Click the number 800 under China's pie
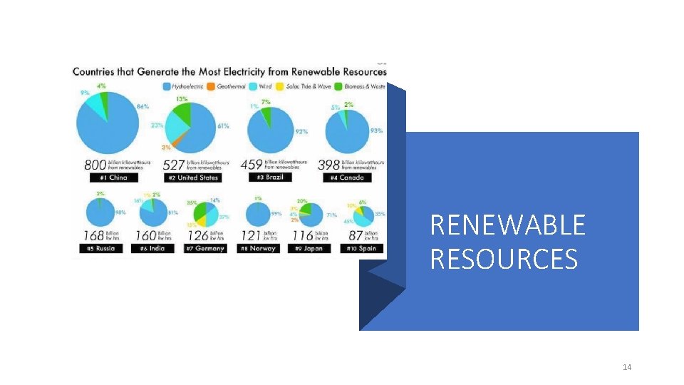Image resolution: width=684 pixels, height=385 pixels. [95, 165]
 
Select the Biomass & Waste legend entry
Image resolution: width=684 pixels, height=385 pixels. [366, 87]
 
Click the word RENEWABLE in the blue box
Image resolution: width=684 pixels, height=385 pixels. [507, 225]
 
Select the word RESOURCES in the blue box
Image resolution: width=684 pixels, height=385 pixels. [503, 259]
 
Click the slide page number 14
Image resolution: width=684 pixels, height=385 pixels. [627, 367]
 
